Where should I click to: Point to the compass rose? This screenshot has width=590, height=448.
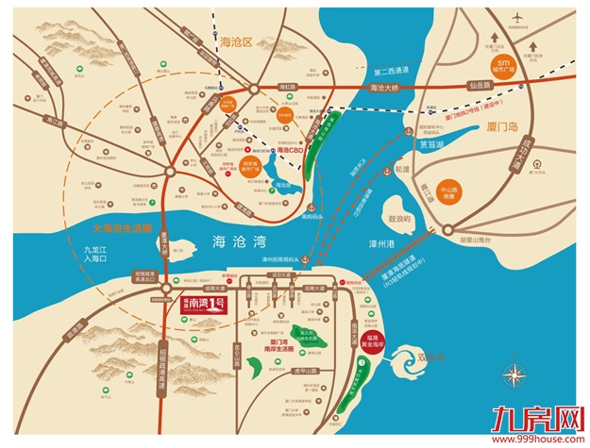coord(514,374)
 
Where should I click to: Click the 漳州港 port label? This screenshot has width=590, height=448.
coord(380,243)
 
